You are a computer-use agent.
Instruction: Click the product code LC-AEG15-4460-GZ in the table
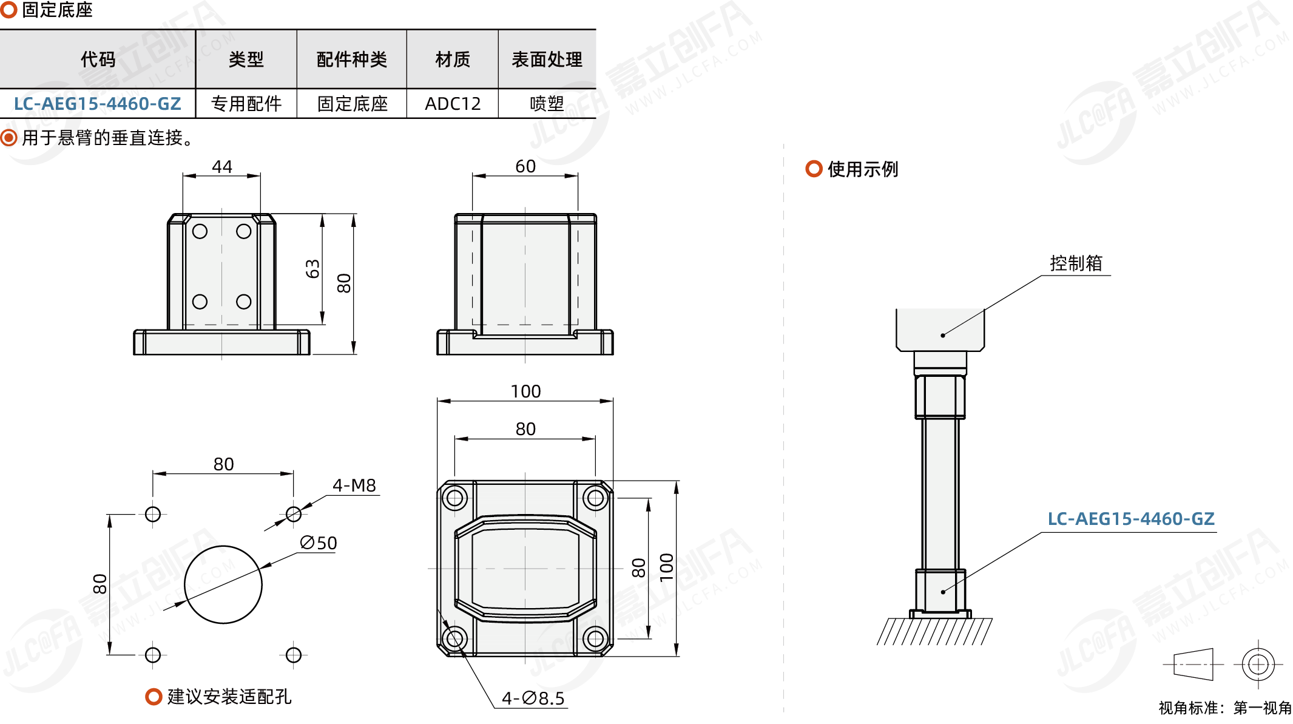[98, 104]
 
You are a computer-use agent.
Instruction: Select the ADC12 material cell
[453, 104]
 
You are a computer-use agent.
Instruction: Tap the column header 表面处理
[547, 59]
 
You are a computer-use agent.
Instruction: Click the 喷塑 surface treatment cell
[547, 104]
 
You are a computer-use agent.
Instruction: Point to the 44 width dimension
[222, 166]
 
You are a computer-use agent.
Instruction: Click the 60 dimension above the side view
[525, 166]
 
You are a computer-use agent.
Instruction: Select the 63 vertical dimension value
[312, 269]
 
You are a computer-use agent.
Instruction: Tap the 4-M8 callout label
[354, 485]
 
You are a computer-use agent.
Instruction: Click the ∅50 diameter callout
[319, 543]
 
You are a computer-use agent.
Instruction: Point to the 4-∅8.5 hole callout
[533, 699]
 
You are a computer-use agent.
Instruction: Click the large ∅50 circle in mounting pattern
[223, 584]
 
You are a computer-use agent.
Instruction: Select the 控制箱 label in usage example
[1076, 263]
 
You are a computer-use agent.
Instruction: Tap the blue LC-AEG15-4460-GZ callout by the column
[1131, 519]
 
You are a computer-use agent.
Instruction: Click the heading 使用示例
[863, 169]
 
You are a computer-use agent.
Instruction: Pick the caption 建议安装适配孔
[229, 697]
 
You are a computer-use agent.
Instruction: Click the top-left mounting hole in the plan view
[454, 499]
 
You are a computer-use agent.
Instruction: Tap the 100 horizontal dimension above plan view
[525, 391]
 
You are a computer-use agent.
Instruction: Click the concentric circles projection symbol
[1258, 665]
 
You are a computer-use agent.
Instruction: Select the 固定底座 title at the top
[57, 10]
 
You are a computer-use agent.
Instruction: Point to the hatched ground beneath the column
[934, 631]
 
